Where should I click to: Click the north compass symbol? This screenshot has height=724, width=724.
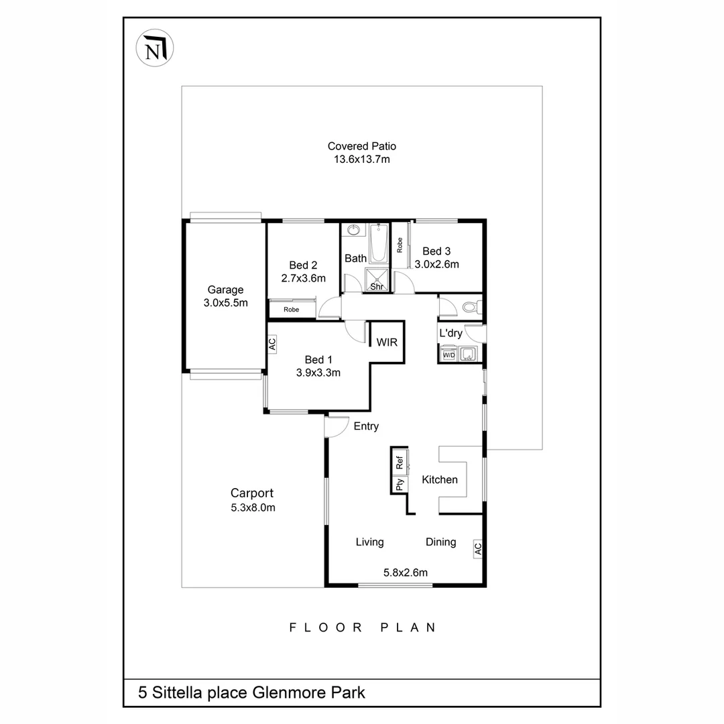tap(155, 48)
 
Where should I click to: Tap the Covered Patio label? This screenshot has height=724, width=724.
tap(361, 146)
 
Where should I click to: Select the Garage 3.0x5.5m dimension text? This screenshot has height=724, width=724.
tap(225, 302)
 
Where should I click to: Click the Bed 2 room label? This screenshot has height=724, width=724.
tap(303, 265)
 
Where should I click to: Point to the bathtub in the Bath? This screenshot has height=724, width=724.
tap(379, 244)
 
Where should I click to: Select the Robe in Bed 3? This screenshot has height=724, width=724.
tap(400, 245)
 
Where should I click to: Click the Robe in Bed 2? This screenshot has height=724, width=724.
tap(292, 310)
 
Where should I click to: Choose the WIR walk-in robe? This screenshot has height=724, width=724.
tap(387, 342)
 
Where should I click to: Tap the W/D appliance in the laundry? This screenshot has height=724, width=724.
tap(447, 355)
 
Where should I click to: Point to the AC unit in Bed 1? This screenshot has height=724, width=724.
tap(272, 344)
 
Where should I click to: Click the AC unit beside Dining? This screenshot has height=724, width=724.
tap(477, 548)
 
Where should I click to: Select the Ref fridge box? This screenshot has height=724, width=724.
tap(400, 461)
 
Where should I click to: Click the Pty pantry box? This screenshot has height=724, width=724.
tap(400, 484)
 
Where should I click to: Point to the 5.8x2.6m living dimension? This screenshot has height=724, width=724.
tap(405, 572)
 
